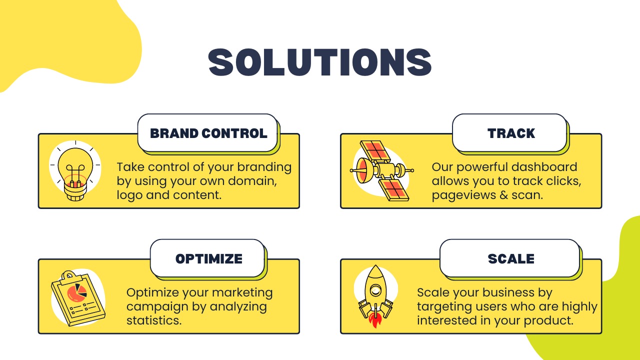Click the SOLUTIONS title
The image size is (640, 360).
320,62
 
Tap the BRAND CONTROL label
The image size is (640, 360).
208,133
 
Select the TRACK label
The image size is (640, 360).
511,133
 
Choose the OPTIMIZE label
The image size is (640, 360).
209,258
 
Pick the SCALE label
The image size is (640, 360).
511,258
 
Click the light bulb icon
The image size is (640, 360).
75,171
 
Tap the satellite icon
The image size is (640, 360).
381,170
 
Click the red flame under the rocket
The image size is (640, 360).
375,320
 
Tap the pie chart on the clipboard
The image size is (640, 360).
76,292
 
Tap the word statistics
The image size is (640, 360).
154,320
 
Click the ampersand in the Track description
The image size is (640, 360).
503,195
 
